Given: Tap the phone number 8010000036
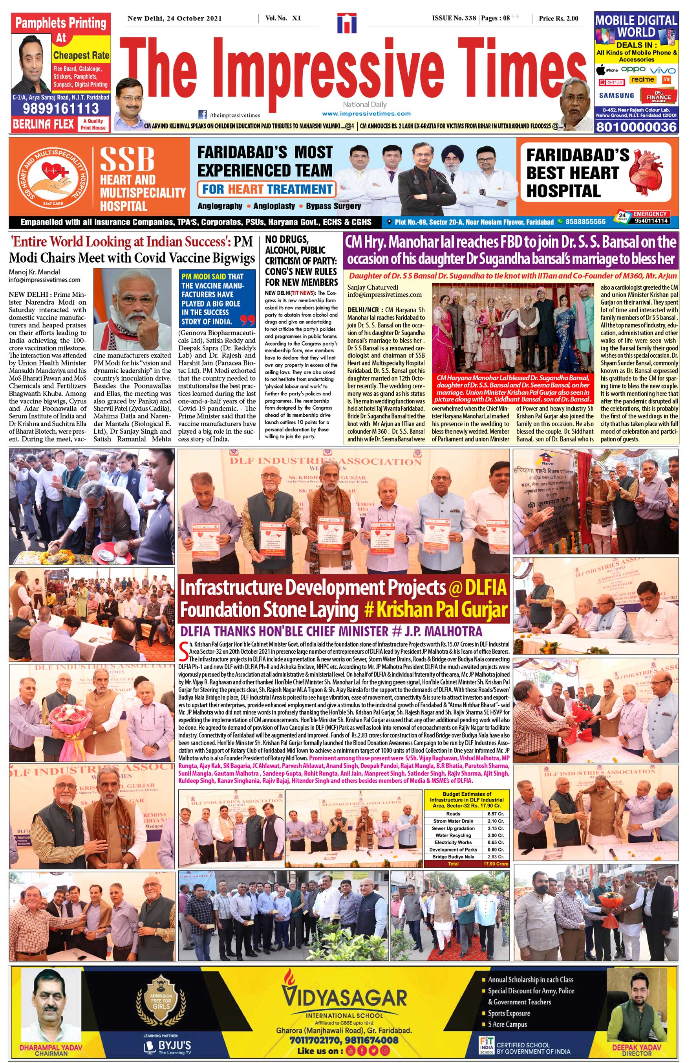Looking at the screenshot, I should coord(636,127).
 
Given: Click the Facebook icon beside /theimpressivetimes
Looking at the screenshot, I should coord(203,114).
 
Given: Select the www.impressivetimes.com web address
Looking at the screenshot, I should coord(366,114).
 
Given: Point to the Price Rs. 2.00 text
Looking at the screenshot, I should coord(558,18).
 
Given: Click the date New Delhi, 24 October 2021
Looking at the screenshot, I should coord(174,18).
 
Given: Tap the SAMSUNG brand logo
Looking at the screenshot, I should coord(616,96).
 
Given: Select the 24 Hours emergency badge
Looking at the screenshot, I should coord(622,217).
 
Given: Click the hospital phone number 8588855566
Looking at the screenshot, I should coord(585,222).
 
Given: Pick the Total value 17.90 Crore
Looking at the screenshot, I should coord(496,864).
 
